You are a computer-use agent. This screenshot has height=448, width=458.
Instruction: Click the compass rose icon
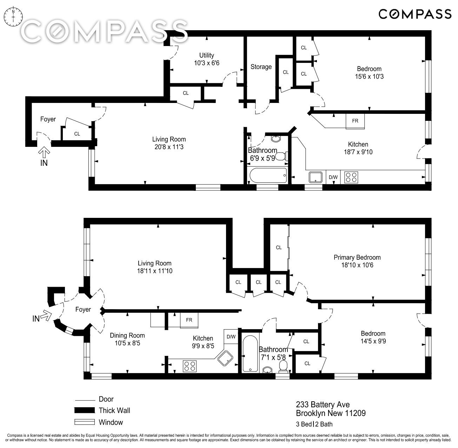click(x=14, y=17)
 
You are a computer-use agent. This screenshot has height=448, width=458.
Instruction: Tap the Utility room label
click(x=207, y=56)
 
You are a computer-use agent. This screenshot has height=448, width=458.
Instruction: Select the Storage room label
click(x=261, y=67)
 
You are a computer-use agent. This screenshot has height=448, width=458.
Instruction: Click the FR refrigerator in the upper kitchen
click(x=355, y=121)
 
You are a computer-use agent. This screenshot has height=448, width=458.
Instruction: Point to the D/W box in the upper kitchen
click(x=333, y=177)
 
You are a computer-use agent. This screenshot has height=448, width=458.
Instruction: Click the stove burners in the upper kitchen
click(x=351, y=177)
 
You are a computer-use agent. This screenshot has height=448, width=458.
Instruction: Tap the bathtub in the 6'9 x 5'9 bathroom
click(x=268, y=175)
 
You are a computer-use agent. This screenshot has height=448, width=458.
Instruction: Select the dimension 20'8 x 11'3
click(x=169, y=147)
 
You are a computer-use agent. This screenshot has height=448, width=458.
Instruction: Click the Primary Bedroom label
click(x=357, y=257)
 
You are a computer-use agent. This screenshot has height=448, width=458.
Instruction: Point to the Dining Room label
click(x=127, y=335)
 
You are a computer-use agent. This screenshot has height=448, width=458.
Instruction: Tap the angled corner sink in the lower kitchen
click(x=225, y=358)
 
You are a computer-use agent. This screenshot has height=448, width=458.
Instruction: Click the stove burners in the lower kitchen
click(x=190, y=366)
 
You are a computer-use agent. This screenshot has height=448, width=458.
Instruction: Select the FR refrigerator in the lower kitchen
click(x=189, y=320)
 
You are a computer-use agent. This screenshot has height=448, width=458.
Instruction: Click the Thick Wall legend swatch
click(x=85, y=410)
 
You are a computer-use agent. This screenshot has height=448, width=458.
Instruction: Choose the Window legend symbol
click(x=85, y=422)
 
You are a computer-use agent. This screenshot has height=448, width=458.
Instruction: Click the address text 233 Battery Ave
click(x=323, y=404)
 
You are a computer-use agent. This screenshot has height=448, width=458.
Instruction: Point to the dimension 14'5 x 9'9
click(x=373, y=341)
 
